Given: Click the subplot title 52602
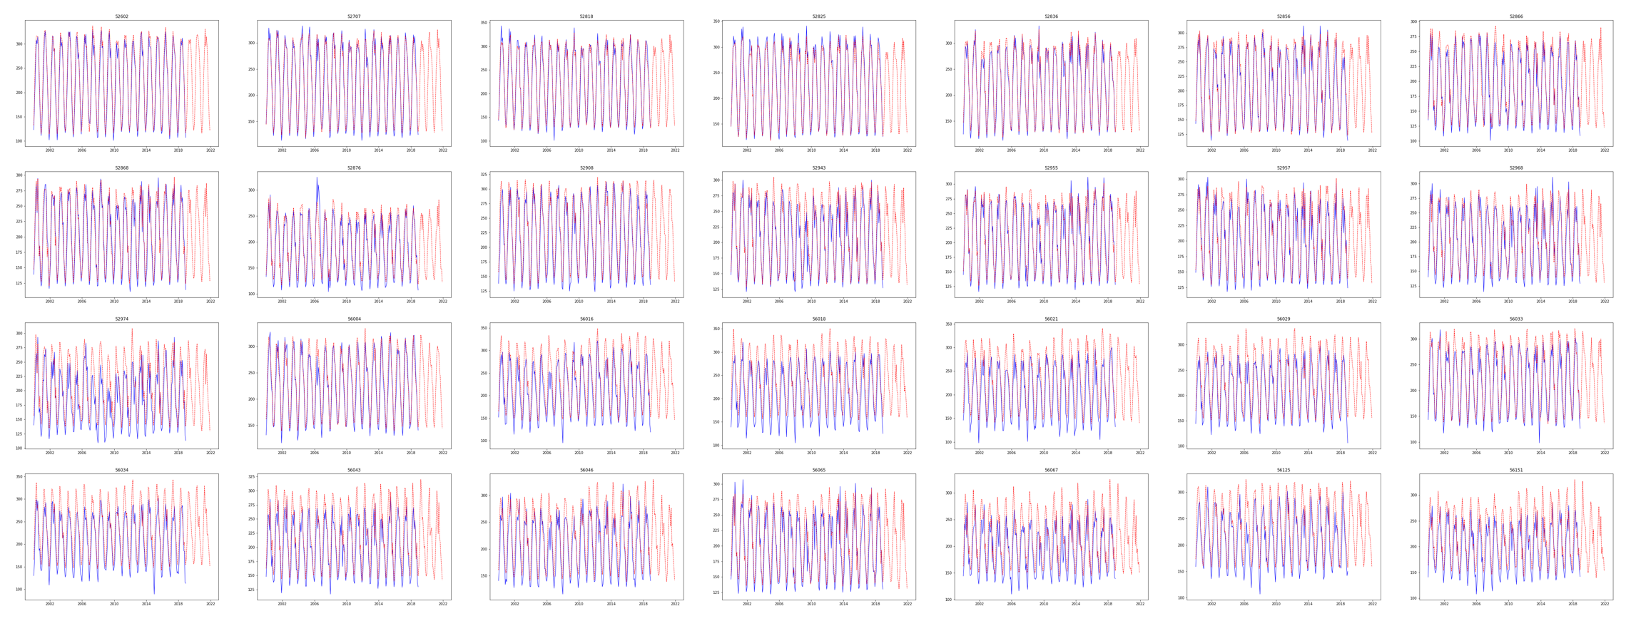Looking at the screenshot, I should point(122,16).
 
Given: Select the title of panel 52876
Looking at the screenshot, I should point(354,168).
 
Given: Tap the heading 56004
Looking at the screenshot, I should point(354,319).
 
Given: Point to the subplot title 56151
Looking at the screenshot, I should point(1515,471).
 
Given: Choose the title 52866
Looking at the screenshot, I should point(1515,16).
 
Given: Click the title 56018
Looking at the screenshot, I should point(818,319).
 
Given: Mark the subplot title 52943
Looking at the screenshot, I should point(818,168).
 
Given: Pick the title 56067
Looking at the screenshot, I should point(1051,471).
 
